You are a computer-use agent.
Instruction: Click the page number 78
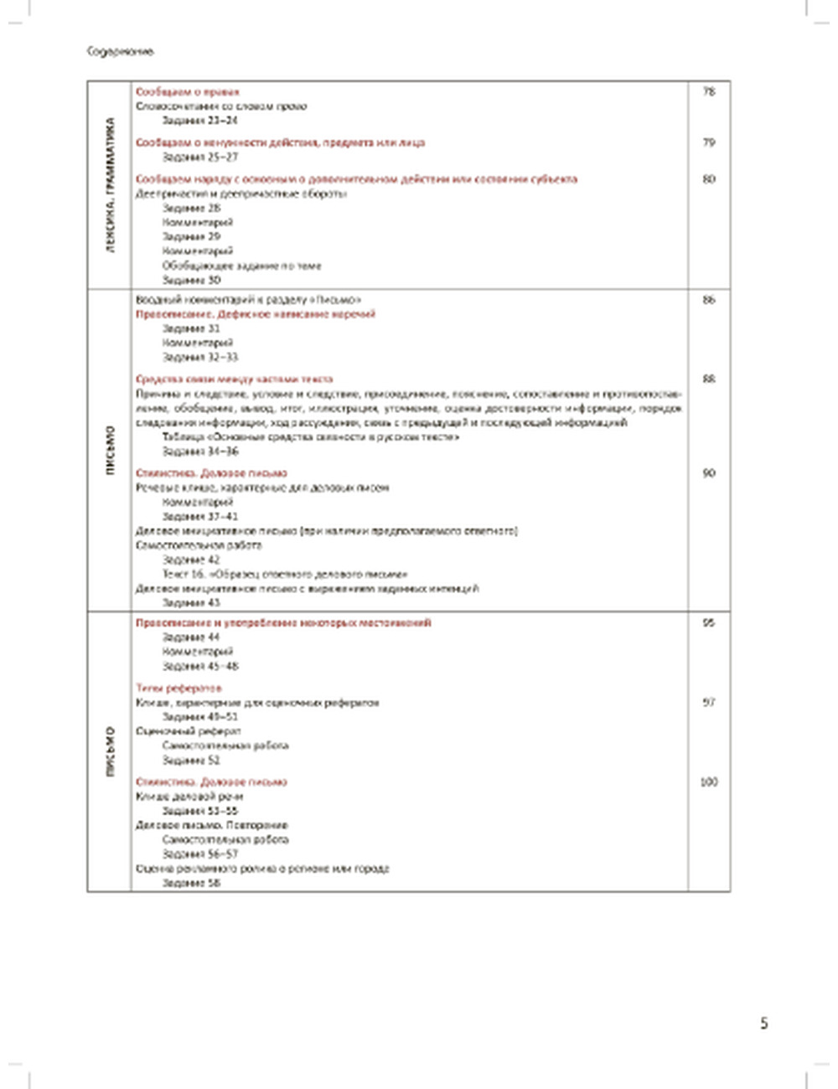[709, 91]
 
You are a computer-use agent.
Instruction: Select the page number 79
[709, 142]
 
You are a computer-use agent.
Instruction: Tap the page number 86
[709, 299]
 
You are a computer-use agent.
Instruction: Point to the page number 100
[709, 782]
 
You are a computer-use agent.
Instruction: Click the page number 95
[709, 622]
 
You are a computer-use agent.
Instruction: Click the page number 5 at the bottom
[763, 1023]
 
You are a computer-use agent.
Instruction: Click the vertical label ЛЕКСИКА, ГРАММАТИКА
[111, 185]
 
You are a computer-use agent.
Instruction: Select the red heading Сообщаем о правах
[188, 91]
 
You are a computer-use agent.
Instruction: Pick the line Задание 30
[191, 280]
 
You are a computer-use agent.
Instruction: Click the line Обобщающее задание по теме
[241, 266]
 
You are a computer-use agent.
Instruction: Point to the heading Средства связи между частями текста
[234, 379]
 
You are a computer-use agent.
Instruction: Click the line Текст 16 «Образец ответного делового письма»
[285, 574]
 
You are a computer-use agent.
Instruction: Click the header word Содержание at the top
[121, 51]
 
